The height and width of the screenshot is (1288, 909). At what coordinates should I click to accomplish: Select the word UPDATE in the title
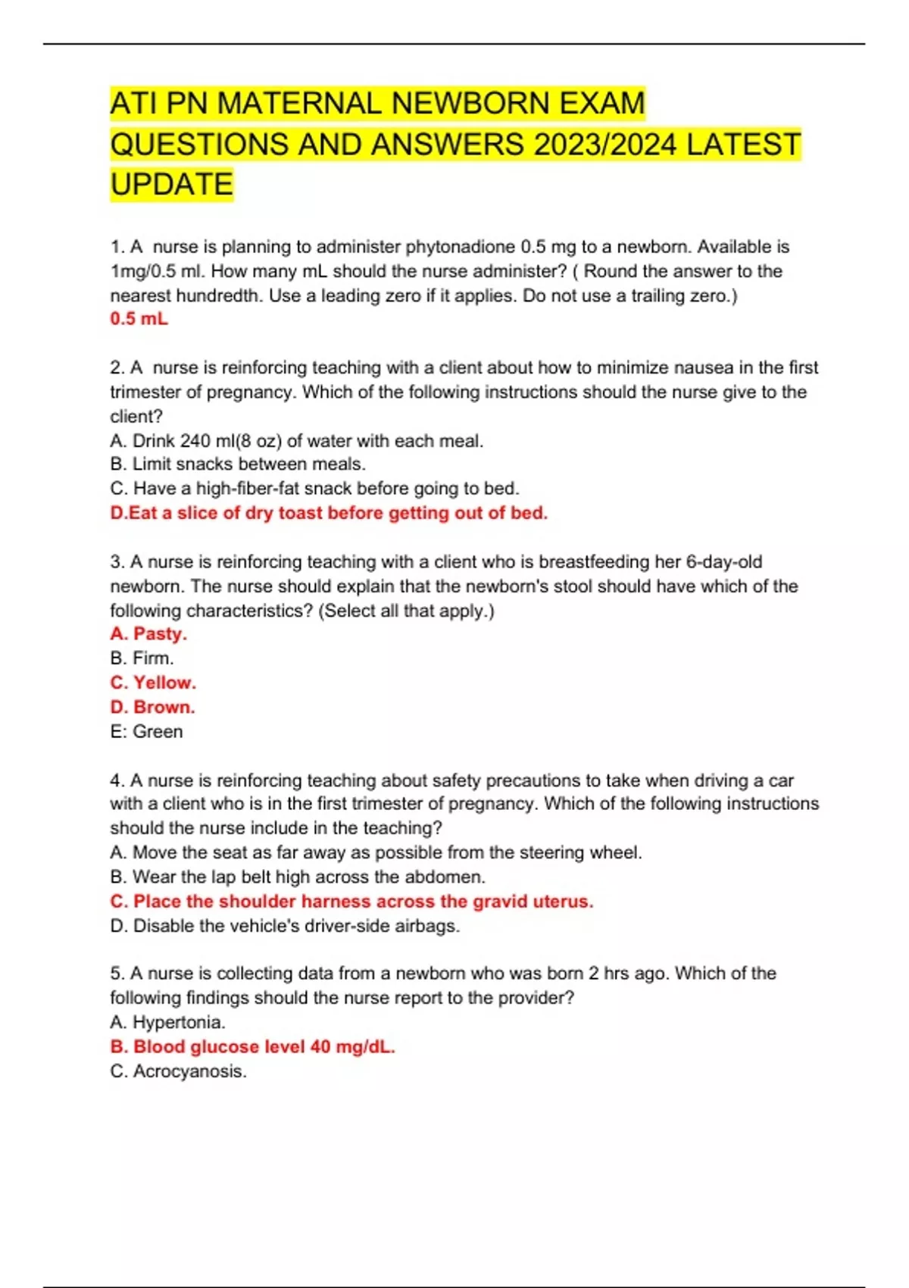pos(172,184)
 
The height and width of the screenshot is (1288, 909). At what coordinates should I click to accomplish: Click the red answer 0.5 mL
pos(139,319)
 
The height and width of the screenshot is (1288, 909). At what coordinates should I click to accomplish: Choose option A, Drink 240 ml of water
pos(296,441)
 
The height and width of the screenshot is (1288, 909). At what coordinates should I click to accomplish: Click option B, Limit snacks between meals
pos(238,464)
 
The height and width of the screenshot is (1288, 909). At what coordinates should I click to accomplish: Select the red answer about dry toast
pos(329,513)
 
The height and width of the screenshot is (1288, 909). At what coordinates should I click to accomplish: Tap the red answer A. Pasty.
pos(148,634)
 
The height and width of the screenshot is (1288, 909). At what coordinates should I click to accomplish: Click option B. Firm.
pos(142,658)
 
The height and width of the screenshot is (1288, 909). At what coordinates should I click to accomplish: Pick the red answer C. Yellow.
pos(153,683)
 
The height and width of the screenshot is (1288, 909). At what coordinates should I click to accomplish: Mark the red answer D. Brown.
pos(152,707)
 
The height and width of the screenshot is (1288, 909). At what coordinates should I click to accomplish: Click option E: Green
pos(146,732)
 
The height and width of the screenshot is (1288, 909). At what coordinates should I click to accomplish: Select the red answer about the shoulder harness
pos(351,902)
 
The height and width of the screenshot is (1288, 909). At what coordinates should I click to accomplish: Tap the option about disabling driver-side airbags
pos(285,926)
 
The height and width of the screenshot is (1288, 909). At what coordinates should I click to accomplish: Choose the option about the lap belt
pos(298,877)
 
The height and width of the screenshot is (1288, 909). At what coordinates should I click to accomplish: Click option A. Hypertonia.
pos(167,1023)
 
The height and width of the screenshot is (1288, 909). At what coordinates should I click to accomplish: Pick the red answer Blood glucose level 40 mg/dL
pos(252,1047)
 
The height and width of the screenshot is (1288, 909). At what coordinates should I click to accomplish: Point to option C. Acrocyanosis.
pos(178,1071)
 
